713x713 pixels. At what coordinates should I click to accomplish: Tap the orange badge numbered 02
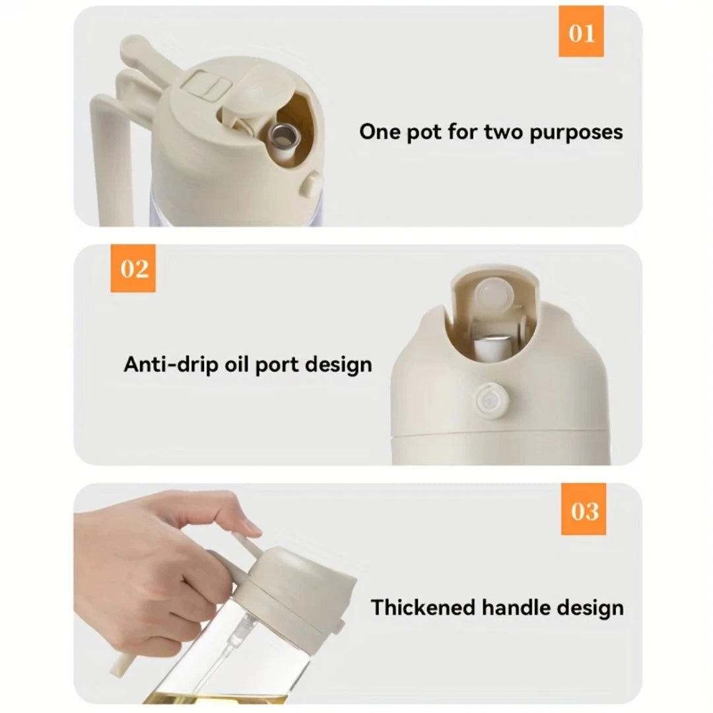point(135,269)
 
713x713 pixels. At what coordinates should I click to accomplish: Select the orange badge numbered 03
point(584,510)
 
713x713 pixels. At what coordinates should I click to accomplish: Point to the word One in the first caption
point(379,131)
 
